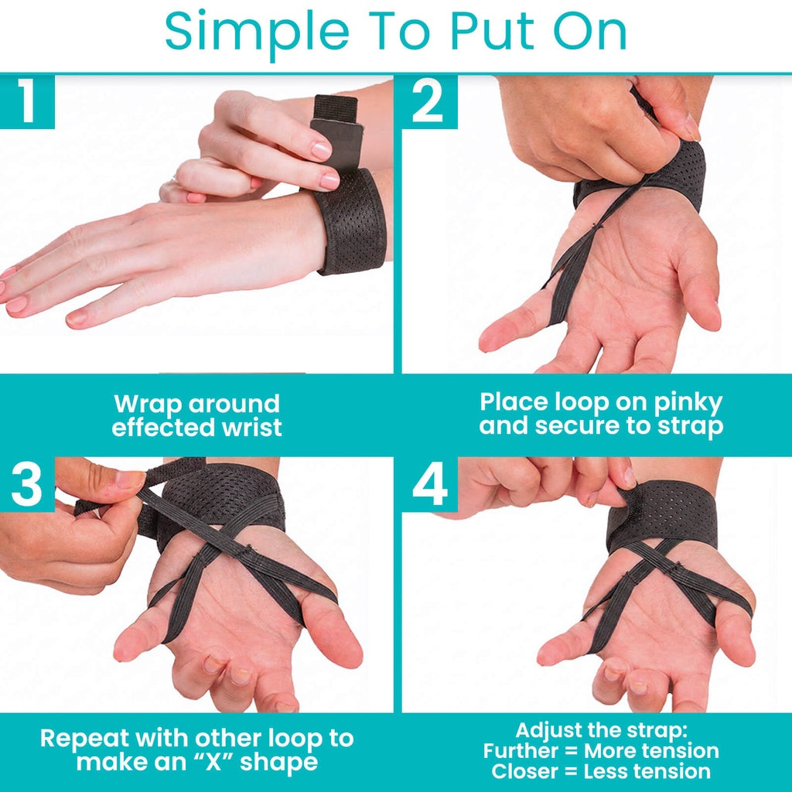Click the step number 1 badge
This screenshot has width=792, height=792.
coord(27,101)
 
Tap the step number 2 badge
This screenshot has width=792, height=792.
coord(429,101)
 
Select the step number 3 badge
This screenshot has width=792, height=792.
coord(27,484)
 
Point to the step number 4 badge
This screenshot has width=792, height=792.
coord(429,484)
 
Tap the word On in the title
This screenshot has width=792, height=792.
coord(590,31)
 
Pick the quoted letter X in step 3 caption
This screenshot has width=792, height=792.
coord(213,762)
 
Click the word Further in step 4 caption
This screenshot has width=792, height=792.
coord(521,750)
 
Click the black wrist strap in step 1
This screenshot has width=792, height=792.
coord(349,222)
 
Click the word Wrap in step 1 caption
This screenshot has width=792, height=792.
coord(147,404)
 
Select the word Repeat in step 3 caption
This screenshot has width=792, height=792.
coord(84,739)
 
